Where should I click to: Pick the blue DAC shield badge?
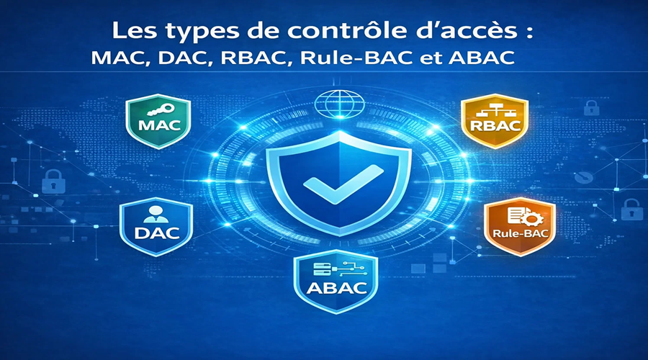tap(156, 224)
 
